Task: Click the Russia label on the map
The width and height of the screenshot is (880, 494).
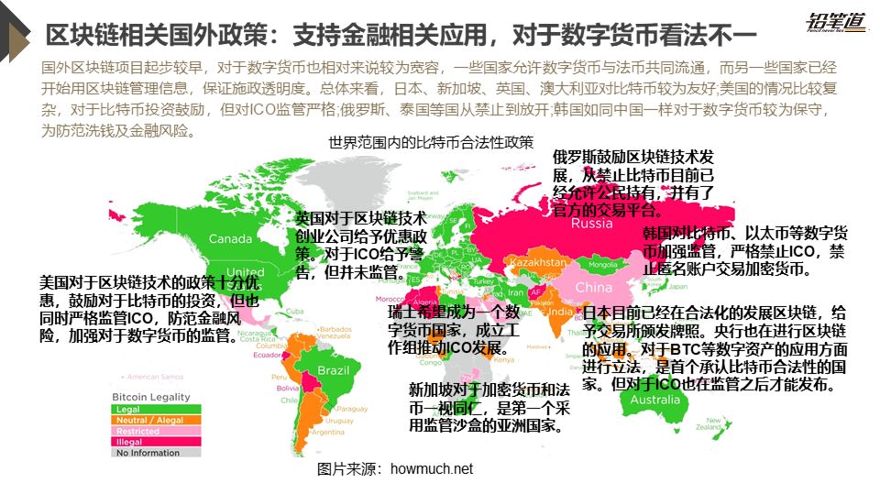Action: click(598, 225)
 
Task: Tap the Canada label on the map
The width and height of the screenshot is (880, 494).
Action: click(230, 239)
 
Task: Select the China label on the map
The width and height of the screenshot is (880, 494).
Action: click(593, 287)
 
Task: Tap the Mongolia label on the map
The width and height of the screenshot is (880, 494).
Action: click(603, 265)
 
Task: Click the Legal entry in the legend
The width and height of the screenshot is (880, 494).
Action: click(128, 409)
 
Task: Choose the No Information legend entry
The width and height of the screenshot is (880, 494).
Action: click(148, 453)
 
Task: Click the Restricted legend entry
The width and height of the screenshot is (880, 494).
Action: click(137, 431)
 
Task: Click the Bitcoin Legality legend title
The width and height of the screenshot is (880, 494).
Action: click(151, 397)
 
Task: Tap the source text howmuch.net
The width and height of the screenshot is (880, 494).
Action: click(395, 469)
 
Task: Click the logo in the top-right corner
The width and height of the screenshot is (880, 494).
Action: click(836, 22)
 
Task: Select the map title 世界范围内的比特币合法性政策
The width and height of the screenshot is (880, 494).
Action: click(431, 142)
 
